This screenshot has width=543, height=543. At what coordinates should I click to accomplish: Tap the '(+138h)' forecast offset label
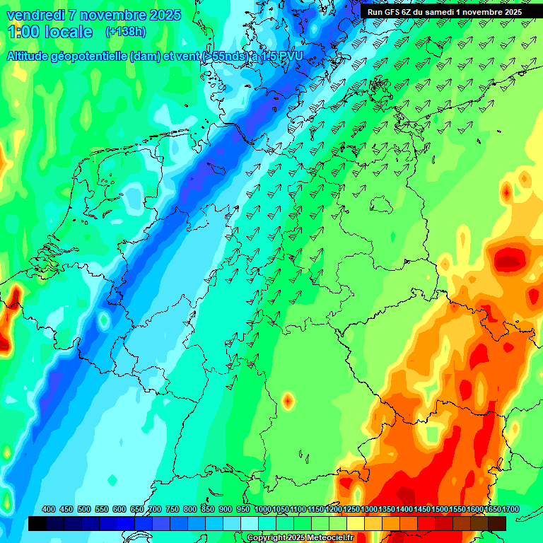coord(125,31)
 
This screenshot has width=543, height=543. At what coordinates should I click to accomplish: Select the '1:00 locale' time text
coord(49,32)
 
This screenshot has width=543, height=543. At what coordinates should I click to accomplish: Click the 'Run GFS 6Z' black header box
coord(444,11)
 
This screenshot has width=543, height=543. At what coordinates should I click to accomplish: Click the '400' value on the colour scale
coord(49,509)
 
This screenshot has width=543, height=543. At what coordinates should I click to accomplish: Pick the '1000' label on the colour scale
coord(263,509)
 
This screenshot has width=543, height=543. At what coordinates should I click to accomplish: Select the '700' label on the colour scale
coord(155,509)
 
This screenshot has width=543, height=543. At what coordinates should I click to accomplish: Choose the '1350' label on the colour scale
coord(387,509)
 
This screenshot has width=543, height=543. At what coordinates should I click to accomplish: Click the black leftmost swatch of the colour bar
coord(37,523)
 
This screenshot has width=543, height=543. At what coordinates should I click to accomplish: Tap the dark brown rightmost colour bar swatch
coord(497,523)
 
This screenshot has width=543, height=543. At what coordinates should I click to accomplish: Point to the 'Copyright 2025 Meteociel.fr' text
coord(300,538)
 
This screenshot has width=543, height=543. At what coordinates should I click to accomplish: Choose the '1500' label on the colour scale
coord(440,509)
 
